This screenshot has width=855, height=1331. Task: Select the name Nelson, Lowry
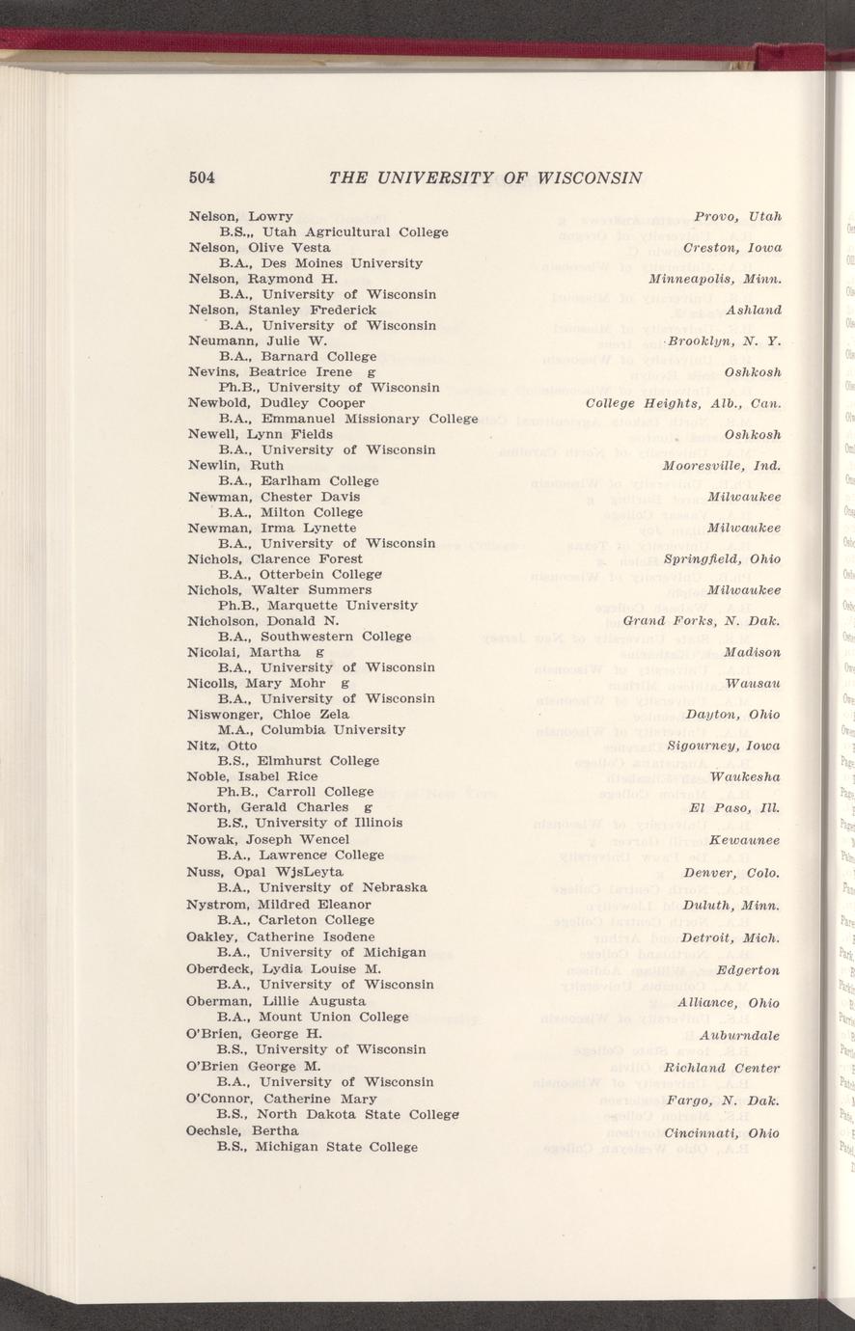tap(240, 216)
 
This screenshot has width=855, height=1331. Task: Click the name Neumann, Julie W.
tap(257, 340)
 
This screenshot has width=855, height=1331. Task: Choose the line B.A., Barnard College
tap(297, 357)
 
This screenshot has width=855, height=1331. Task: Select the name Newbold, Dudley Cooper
tap(275, 403)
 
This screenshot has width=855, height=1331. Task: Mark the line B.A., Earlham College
tap(298, 481)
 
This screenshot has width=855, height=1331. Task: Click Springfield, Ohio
tap(729, 559)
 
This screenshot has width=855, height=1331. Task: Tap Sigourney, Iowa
tap(730, 746)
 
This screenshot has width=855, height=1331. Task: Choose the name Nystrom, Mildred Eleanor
tap(278, 905)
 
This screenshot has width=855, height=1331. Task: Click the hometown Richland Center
tap(721, 1068)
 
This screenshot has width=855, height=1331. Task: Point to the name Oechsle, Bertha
tap(242, 1129)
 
